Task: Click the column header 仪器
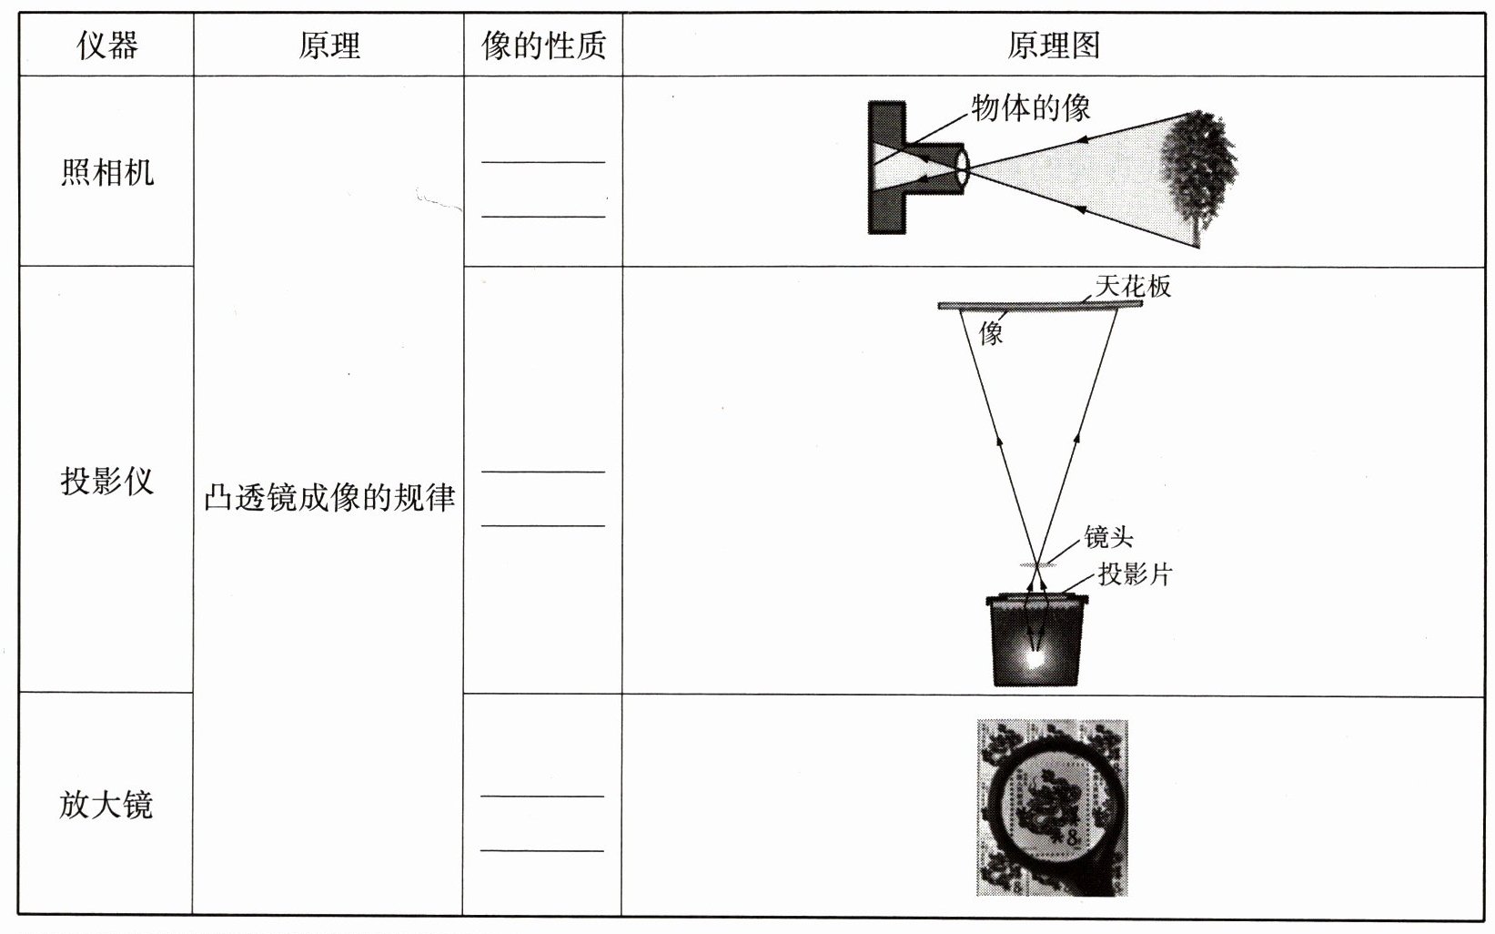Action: click(106, 45)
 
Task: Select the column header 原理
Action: click(328, 45)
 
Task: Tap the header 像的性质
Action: click(543, 45)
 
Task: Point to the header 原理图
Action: click(1053, 45)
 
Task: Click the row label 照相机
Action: click(106, 171)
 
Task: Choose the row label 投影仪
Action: click(106, 481)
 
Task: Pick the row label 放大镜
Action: click(106, 805)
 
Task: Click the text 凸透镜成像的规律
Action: click(328, 497)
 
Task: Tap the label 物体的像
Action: click(1030, 108)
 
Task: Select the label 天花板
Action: click(1133, 286)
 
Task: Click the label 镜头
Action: click(1108, 537)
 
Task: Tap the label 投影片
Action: click(1135, 574)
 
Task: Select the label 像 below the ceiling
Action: click(990, 333)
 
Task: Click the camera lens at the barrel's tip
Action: click(963, 168)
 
